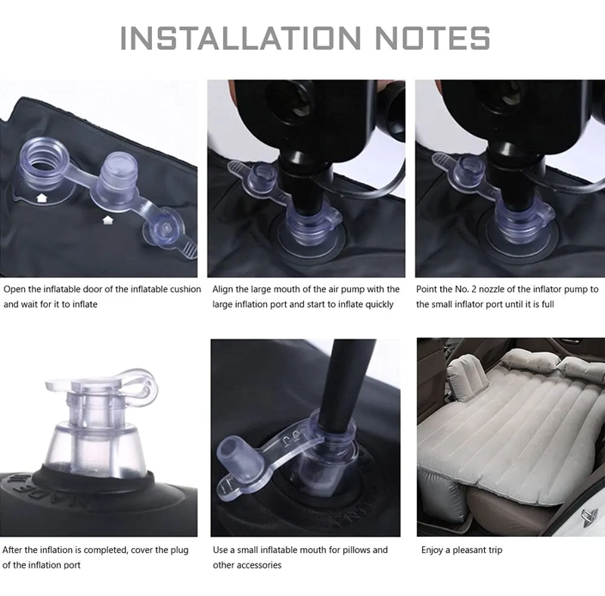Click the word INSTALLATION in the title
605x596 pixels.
point(240,38)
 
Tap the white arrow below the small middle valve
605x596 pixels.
point(107,220)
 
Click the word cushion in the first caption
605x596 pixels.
point(185,289)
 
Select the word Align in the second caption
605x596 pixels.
point(222,290)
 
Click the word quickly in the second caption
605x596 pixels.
point(380,305)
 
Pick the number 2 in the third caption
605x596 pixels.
point(474,289)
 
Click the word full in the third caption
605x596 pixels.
point(548,304)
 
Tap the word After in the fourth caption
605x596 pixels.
point(12,550)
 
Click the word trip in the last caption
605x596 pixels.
point(495,550)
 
